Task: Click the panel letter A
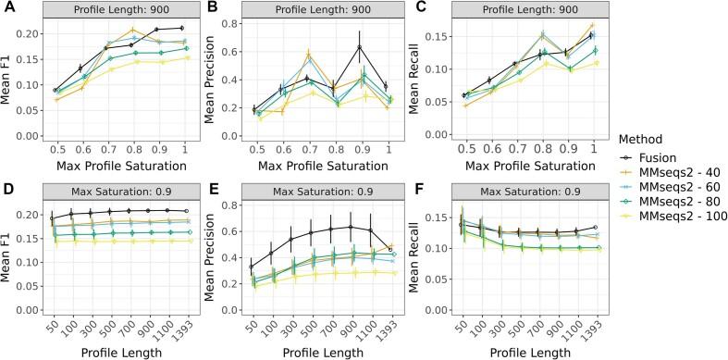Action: tap(6, 7)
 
